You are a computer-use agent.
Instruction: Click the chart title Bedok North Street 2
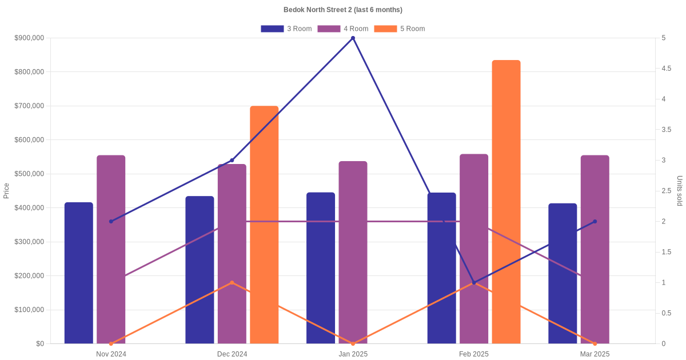(x=342, y=10)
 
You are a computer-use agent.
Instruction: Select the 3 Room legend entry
(x=286, y=29)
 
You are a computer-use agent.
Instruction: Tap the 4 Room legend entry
(x=343, y=29)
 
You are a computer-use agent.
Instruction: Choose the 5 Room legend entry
(x=400, y=29)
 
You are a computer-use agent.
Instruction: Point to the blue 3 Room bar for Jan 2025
(x=321, y=268)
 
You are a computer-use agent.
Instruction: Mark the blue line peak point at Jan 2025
(x=353, y=38)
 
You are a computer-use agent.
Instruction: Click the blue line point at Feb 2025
(x=474, y=282)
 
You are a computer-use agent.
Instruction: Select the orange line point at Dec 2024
(x=232, y=282)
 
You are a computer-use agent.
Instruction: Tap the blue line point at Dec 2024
(x=232, y=160)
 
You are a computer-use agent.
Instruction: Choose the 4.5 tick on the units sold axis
(x=666, y=69)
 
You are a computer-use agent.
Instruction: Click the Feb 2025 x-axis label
(x=474, y=354)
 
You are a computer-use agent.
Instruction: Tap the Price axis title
(x=6, y=191)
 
